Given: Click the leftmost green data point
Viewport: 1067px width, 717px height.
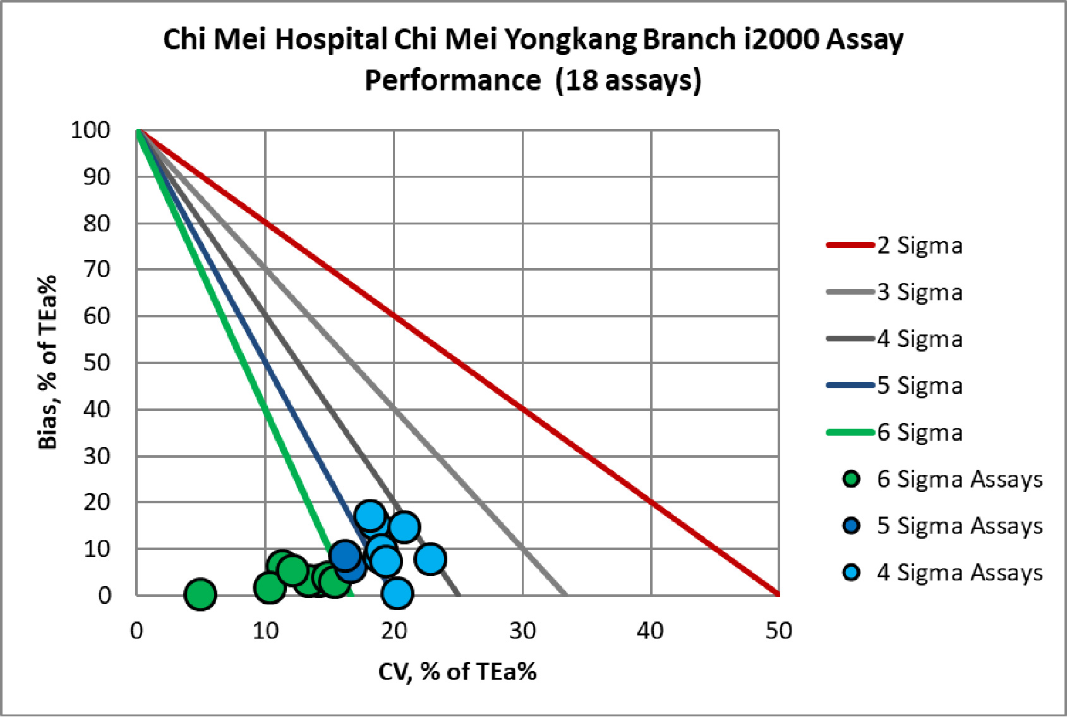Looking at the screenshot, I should click(x=200, y=594).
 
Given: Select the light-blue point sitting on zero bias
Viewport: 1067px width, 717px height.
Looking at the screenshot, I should click(x=397, y=593).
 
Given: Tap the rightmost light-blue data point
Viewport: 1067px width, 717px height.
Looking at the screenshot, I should click(x=430, y=558).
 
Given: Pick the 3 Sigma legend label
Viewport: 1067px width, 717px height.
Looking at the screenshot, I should click(x=919, y=292).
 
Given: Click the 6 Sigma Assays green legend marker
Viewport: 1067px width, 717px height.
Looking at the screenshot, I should click(x=852, y=479).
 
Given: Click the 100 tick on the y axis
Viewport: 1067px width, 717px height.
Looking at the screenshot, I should click(x=90, y=130).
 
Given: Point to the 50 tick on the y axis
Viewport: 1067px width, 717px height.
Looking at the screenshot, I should click(x=96, y=363).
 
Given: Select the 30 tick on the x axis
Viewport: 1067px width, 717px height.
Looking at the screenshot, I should click(x=522, y=630).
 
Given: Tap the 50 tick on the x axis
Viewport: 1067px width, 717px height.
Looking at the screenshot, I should click(x=778, y=630).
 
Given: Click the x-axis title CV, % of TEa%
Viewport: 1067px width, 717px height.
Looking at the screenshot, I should click(x=457, y=671).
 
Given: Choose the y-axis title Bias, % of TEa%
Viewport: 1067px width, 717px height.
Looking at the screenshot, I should click(x=48, y=362).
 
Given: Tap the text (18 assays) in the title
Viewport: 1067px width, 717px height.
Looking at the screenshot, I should click(x=628, y=81).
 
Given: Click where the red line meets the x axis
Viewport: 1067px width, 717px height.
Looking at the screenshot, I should click(x=778, y=594).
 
